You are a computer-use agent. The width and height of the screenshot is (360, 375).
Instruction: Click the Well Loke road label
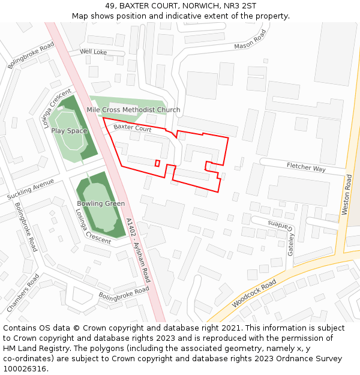[x=93, y=52]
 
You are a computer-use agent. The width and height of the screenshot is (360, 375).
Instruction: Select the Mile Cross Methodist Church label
[x=133, y=110]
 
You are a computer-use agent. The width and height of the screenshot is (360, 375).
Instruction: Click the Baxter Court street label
[x=133, y=128]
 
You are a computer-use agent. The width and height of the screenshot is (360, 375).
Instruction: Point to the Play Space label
[x=69, y=131]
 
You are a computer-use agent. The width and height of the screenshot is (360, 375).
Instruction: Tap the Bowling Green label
[x=101, y=203]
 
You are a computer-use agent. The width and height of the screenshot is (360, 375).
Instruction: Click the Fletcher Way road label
[x=306, y=167]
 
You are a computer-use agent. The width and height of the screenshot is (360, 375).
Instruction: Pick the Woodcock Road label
[x=254, y=293]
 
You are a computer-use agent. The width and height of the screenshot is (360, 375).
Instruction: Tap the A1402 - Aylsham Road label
[x=139, y=250]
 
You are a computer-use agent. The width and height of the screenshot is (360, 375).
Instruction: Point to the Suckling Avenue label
[x=31, y=189]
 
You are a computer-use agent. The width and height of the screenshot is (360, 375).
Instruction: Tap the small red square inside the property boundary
[x=157, y=163]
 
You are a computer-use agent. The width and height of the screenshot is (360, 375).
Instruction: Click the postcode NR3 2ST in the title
[x=240, y=6]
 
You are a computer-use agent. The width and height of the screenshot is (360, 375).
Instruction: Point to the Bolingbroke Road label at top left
[x=31, y=55]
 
